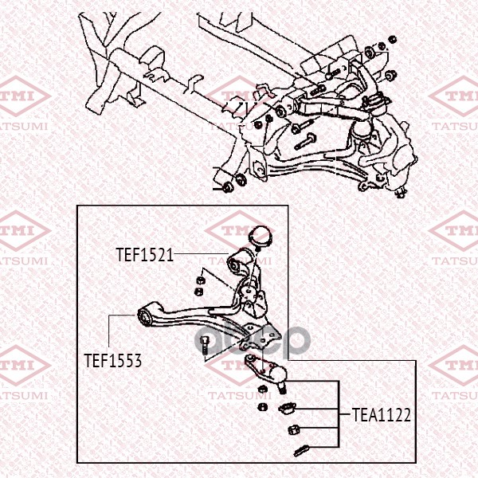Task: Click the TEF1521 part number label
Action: [144, 255]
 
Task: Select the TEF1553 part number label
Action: [112, 360]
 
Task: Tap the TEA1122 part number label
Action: [383, 414]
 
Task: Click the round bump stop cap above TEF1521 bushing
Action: [261, 237]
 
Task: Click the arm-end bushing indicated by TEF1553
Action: [146, 318]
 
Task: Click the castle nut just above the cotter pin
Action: [292, 431]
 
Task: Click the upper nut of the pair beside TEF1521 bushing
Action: [201, 278]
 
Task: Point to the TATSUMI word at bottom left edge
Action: [24, 394]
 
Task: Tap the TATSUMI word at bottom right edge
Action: [455, 394]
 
